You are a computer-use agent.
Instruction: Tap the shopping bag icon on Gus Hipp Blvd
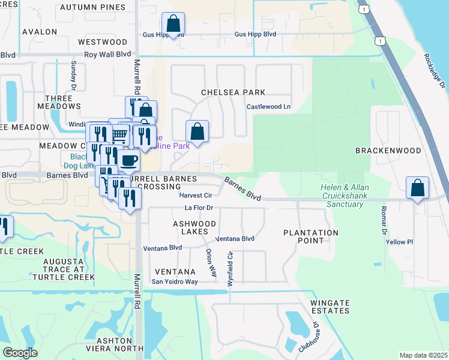[173, 25]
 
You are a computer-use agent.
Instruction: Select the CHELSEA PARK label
[233, 92]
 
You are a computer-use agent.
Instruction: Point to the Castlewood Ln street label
[268, 107]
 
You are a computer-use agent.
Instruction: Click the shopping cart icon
[120, 134]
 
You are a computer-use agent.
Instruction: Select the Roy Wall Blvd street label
[107, 54]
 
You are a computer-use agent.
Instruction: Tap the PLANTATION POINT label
[311, 236]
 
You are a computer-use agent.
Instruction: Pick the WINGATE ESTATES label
[330, 307]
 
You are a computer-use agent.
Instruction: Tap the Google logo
[20, 352]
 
